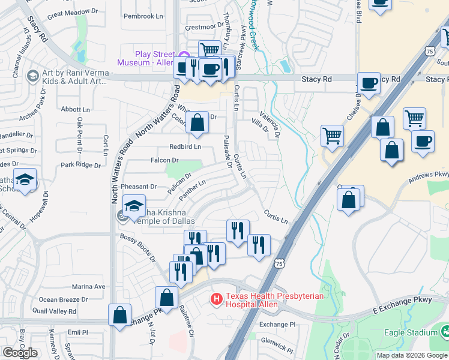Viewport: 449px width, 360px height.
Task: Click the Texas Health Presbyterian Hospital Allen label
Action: [275, 300]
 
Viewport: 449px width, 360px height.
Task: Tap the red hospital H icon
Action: [215, 298]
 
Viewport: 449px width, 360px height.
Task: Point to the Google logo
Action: [20, 352]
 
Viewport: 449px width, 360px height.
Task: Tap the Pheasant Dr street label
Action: [139, 187]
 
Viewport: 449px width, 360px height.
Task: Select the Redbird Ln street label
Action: [185, 146]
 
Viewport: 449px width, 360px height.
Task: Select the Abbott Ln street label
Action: [76, 109]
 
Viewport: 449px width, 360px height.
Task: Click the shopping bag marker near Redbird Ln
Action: [197, 123]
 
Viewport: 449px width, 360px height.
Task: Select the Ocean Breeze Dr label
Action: [63, 299]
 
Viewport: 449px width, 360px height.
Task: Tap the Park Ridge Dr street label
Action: [81, 164]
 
